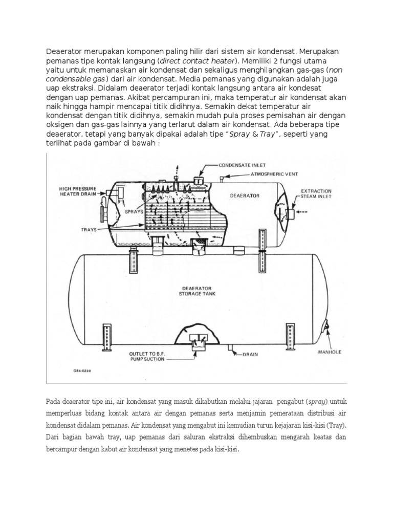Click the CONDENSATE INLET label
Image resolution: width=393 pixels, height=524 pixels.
click(243, 166)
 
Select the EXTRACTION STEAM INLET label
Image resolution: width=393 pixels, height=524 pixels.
click(316, 193)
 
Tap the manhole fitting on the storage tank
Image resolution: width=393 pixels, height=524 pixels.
click(324, 324)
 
